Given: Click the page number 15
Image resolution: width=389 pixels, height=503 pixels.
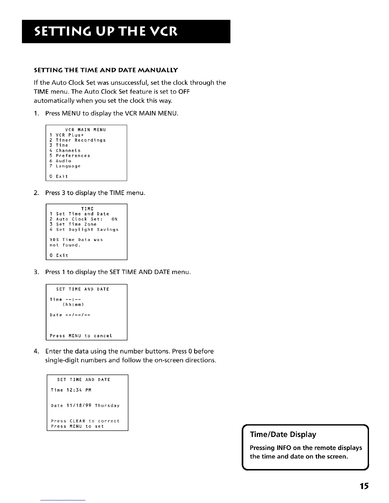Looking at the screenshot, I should pyautogui.click(x=364, y=486).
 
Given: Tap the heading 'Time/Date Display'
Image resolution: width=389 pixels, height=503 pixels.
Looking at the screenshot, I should pyautogui.click(x=283, y=434).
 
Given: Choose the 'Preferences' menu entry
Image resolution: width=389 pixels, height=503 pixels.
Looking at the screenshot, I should pyautogui.click(x=73, y=156).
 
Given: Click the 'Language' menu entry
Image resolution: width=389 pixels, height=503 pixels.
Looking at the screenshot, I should pyautogui.click(x=68, y=166).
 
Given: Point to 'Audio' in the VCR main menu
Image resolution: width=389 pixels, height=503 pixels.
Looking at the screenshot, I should pyautogui.click(x=64, y=161).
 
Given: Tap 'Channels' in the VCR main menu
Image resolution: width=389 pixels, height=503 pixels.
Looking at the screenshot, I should pyautogui.click(x=68, y=151).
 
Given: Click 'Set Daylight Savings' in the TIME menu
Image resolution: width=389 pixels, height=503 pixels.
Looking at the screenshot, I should pyautogui.click(x=87, y=230).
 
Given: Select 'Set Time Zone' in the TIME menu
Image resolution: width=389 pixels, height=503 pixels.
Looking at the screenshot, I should pyautogui.click(x=76, y=224).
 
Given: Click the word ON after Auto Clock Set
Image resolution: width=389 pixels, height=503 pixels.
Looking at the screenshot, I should pyautogui.click(x=114, y=219).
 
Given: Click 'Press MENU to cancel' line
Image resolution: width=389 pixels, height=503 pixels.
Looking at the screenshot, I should pyautogui.click(x=81, y=336).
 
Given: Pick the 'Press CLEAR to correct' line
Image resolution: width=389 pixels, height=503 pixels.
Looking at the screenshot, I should pyautogui.click(x=85, y=421).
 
